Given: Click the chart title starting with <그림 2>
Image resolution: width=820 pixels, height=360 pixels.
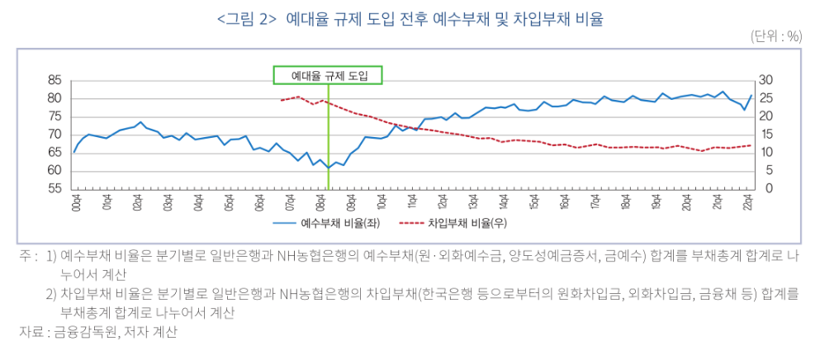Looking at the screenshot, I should click(x=410, y=18).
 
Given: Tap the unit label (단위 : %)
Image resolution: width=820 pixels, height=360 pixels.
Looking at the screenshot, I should click(x=776, y=37).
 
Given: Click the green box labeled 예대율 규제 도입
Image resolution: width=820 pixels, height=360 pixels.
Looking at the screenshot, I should click(x=328, y=76).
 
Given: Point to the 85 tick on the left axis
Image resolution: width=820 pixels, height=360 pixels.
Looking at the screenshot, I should click(x=55, y=80).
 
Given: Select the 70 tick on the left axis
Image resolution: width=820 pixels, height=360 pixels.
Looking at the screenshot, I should click(x=55, y=135).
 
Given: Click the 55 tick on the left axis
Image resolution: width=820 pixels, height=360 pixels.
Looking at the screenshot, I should click(x=55, y=189).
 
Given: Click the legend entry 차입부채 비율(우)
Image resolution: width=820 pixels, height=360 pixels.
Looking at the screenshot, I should click(x=459, y=223).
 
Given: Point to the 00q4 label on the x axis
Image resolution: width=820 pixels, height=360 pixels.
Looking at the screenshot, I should click(x=74, y=201).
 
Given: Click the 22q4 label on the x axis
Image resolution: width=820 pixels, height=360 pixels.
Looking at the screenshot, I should click(x=748, y=201).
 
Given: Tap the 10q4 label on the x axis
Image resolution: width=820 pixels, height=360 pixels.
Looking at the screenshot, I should click(x=381, y=201).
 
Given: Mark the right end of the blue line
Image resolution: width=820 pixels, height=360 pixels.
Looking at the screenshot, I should click(x=751, y=95).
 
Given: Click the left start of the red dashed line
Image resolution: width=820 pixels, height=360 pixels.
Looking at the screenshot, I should click(x=281, y=100).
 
